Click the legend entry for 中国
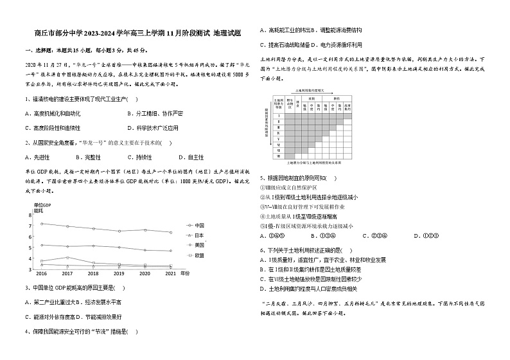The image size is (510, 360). click(200, 225)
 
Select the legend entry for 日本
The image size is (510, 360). click(200, 235)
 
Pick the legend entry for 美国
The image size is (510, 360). click(200, 245)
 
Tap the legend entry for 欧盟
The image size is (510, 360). click(200, 255)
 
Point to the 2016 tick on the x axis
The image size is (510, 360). click(41, 273)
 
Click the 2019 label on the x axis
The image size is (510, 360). click(119, 273)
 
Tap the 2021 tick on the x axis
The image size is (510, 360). click(171, 273)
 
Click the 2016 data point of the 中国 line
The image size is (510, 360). click(42, 224)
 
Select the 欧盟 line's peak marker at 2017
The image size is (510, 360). click(67, 258)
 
